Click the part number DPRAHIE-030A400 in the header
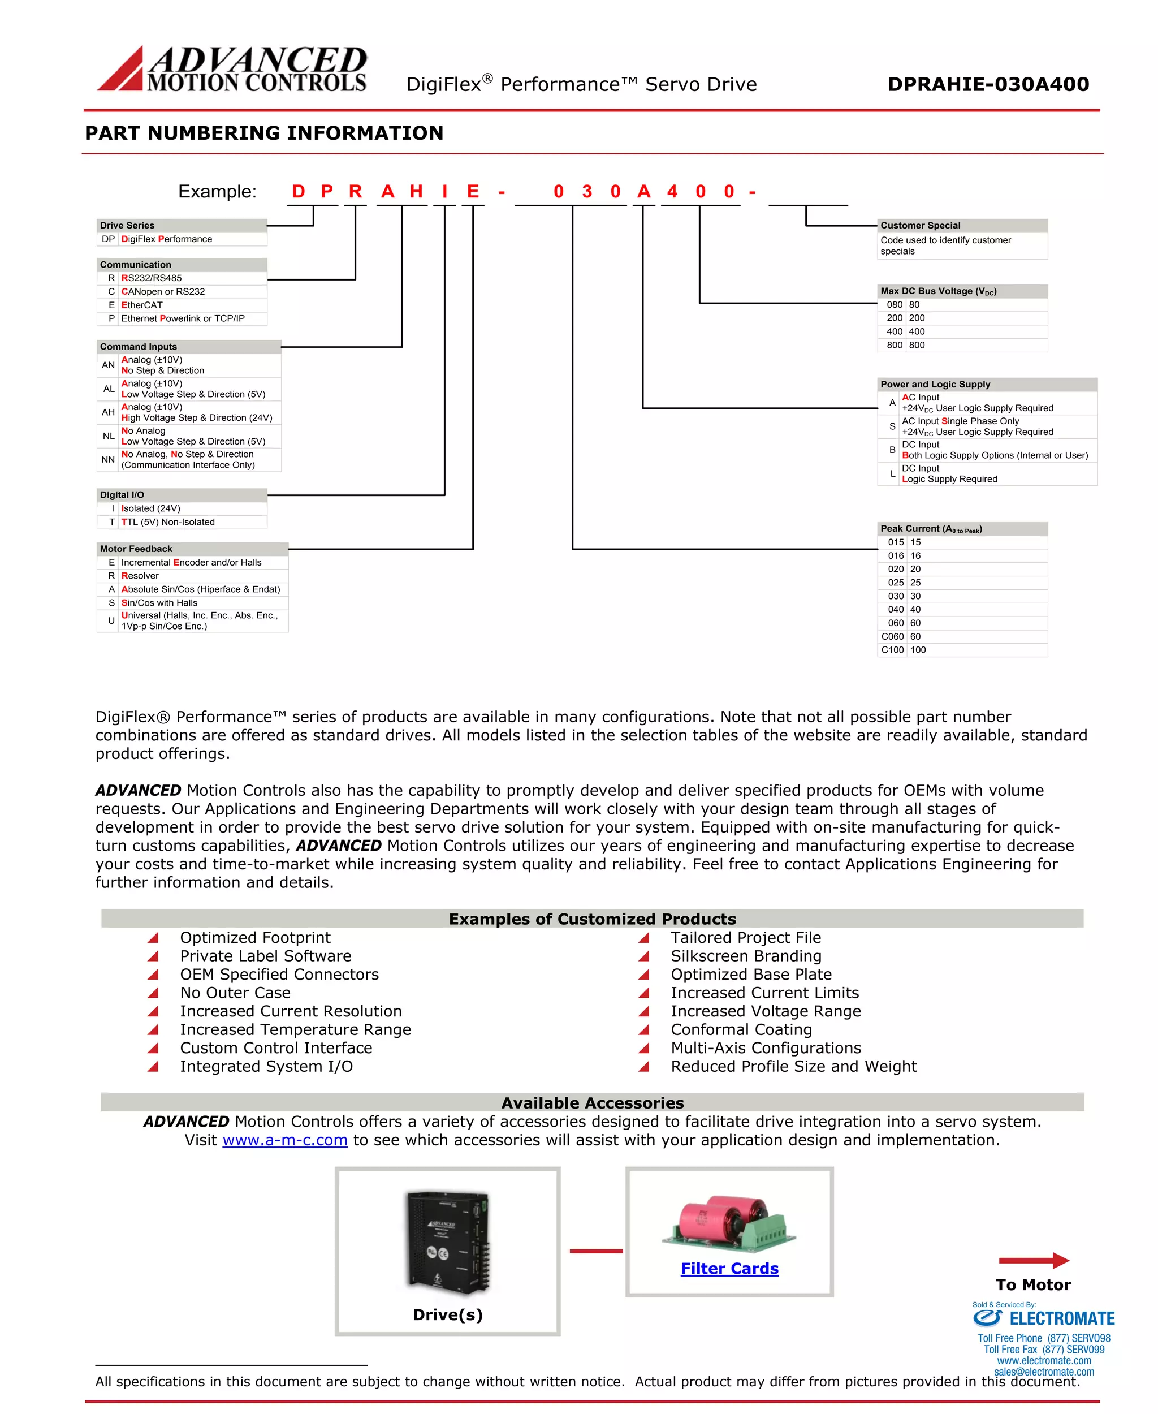pyautogui.click(x=987, y=84)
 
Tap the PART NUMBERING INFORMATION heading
pyautogui.click(x=263, y=133)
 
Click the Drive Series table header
pyautogui.click(x=182, y=226)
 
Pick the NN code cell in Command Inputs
pyautogui.click(x=108, y=460)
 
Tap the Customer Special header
pyautogui.click(x=961, y=226)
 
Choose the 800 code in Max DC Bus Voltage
pyautogui.click(x=894, y=345)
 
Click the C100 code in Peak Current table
pyautogui.click(x=892, y=650)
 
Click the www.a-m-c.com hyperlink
pyautogui.click(x=285, y=1140)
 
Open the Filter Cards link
pyautogui.click(x=729, y=1269)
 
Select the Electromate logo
pyautogui.click(x=1043, y=1318)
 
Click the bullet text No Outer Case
pyautogui.click(x=235, y=993)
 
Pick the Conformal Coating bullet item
pyautogui.click(x=741, y=1029)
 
